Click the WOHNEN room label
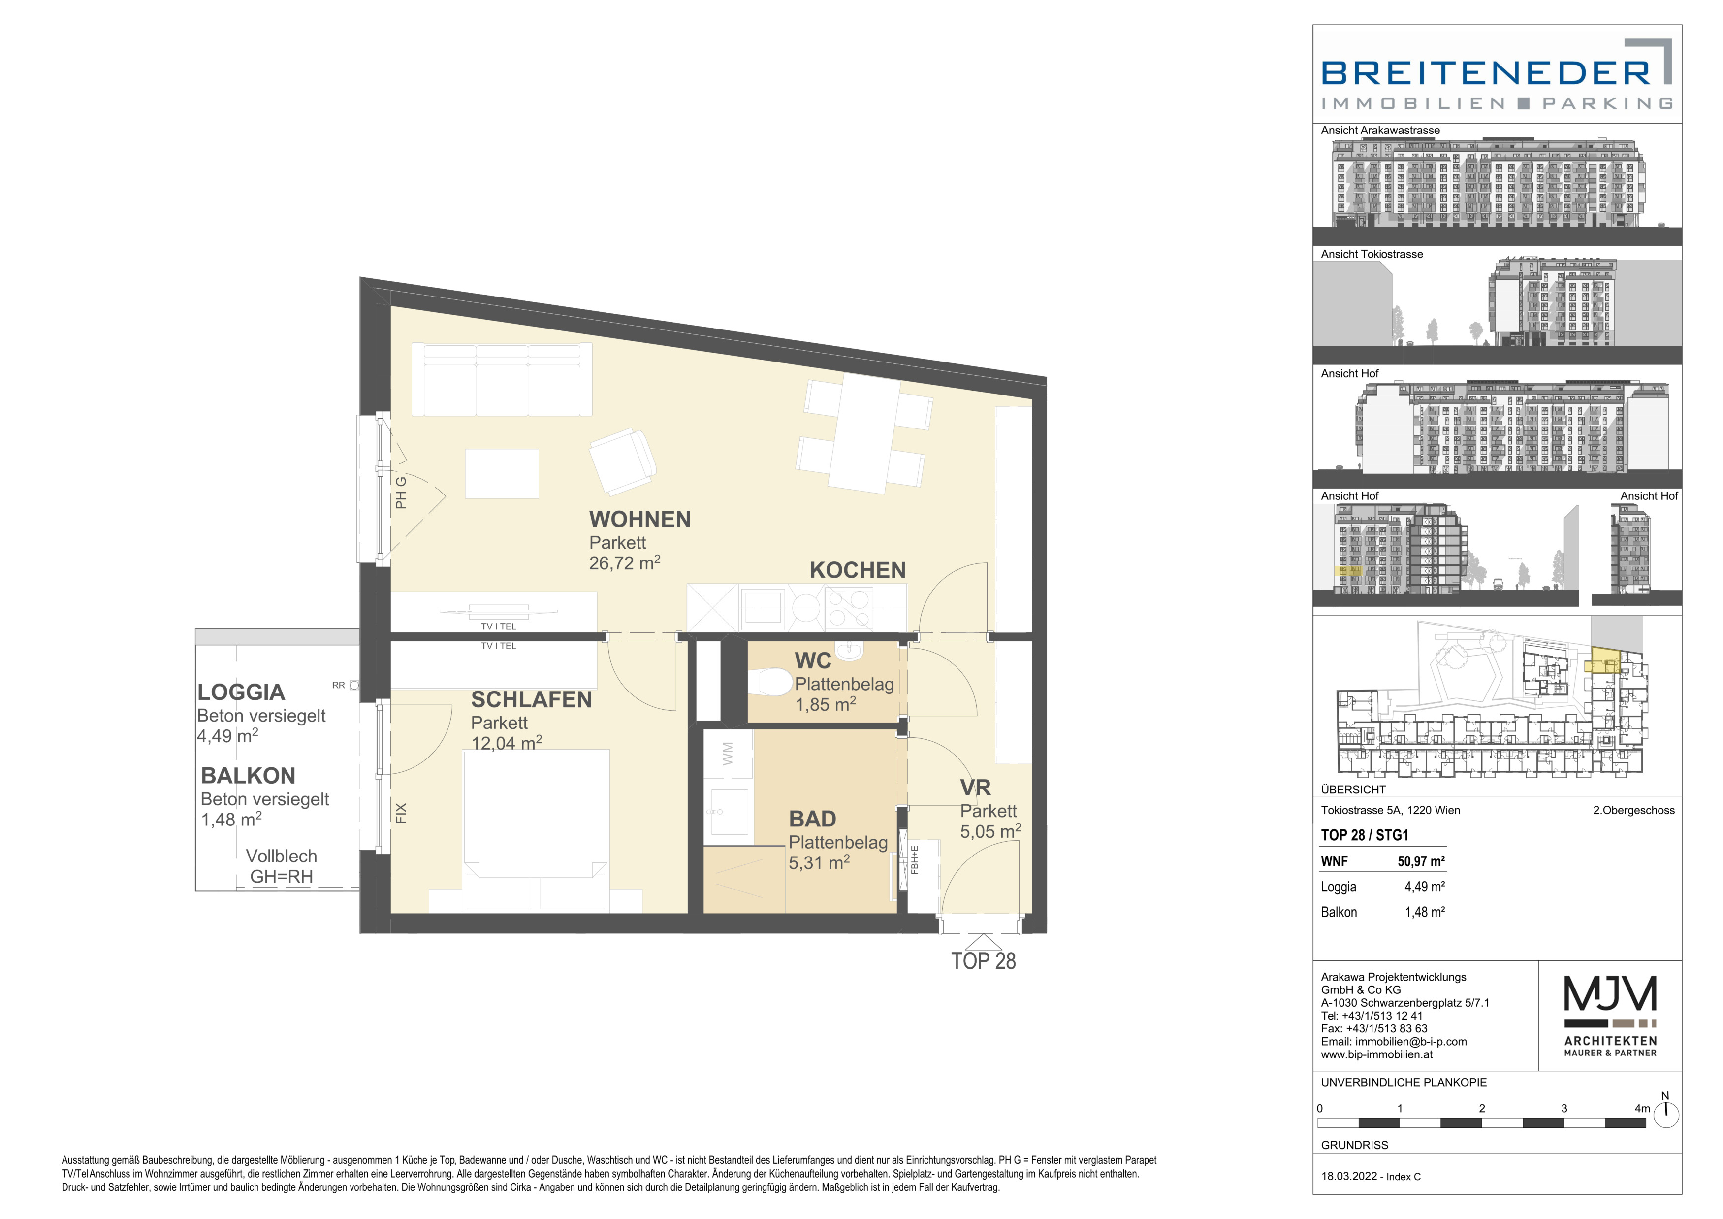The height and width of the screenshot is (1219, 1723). [x=639, y=520]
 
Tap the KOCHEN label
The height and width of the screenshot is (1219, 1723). [x=858, y=570]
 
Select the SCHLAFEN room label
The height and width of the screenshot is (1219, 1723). [x=531, y=699]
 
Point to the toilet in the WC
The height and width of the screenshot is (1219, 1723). [x=771, y=682]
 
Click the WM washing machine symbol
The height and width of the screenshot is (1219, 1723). [x=727, y=755]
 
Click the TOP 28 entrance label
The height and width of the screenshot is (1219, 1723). [x=983, y=961]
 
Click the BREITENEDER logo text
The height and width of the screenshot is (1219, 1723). [x=1486, y=73]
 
